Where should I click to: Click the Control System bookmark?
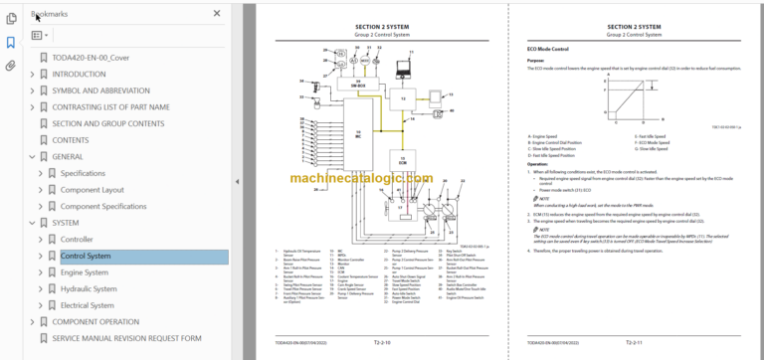86,256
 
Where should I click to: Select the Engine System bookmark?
84,272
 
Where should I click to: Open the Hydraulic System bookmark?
89,289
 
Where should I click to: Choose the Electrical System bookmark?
88,305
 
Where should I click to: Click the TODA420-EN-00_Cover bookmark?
92,58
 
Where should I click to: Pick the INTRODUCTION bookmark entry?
86,74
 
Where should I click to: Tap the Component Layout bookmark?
93,189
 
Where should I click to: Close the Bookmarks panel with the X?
217,14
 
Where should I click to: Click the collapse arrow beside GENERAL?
32,156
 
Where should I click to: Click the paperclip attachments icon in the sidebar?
11,66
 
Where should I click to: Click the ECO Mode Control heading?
547,48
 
